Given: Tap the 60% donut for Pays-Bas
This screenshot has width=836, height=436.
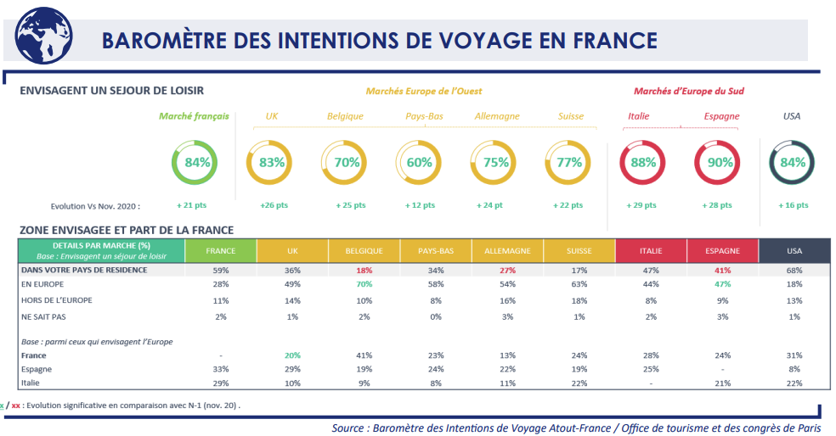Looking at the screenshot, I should (x=420, y=162).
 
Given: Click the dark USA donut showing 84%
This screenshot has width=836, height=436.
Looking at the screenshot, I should (x=793, y=162).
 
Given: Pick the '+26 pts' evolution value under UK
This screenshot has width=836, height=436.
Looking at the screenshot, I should (x=271, y=205).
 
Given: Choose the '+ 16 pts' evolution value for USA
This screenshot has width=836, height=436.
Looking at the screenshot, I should (x=793, y=205).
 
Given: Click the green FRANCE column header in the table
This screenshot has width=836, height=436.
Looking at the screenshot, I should (x=220, y=251).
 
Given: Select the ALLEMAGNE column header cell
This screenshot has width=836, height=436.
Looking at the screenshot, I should (x=507, y=251).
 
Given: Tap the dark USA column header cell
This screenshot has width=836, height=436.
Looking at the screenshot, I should (x=794, y=251).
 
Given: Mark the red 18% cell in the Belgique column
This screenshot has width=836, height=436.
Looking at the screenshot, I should (x=364, y=271).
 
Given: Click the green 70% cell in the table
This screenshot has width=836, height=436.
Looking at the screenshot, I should (x=364, y=284).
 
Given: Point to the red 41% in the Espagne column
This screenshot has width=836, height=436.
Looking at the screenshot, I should (x=722, y=271).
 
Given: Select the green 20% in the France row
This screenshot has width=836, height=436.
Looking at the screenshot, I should (x=292, y=355).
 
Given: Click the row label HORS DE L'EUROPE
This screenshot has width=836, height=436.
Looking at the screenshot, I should (x=56, y=300).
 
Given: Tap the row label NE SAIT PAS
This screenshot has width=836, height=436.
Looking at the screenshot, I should (x=45, y=316).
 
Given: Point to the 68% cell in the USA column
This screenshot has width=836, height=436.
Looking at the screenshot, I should (x=794, y=271).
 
